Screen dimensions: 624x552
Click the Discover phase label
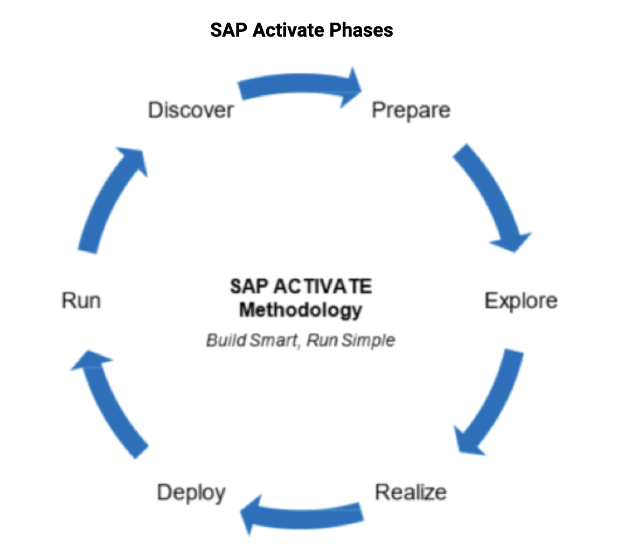191,110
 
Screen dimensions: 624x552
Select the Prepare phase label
411,111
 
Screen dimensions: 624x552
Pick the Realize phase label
411,492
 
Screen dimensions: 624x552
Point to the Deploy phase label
191,493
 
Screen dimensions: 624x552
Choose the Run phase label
81,300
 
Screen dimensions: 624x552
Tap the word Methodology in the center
301,310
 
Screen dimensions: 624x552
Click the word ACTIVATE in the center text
323,286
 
